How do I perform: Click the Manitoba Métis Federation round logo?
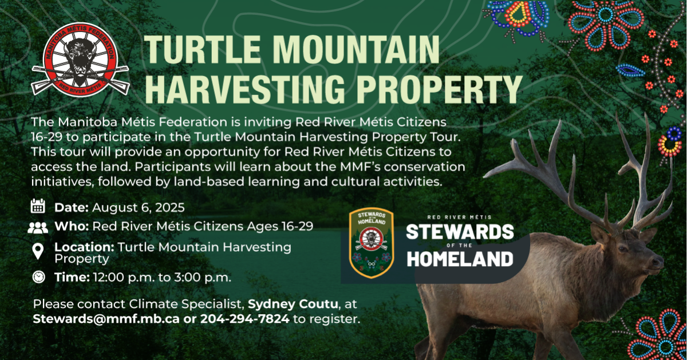[x=80, y=60]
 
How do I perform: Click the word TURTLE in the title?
[x=203, y=50]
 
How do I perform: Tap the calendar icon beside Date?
[x=38, y=206]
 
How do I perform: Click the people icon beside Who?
[x=38, y=228]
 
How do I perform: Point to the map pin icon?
[x=38, y=251]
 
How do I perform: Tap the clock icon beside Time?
[x=39, y=277]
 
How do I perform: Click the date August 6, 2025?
[x=139, y=208]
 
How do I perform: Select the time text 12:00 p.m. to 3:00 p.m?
[x=162, y=278]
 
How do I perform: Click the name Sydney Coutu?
[x=293, y=304]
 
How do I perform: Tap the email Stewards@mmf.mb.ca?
[x=106, y=319]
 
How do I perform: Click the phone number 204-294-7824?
[x=245, y=319]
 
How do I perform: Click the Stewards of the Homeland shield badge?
[x=372, y=243]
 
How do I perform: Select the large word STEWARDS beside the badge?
[x=460, y=232]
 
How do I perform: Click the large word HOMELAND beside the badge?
[x=460, y=259]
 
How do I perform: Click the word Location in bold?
[x=84, y=247]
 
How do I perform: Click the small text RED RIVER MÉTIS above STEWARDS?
[x=459, y=217]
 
